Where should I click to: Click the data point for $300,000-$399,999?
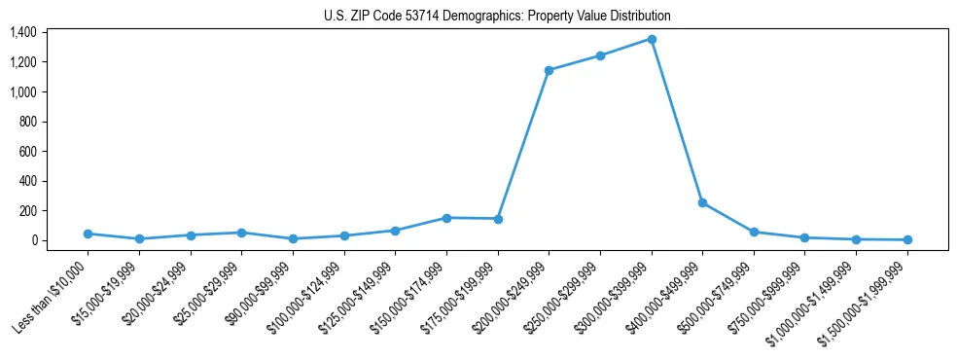tap(652, 39)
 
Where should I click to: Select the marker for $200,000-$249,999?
tap(549, 70)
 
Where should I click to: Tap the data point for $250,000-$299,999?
tap(600, 55)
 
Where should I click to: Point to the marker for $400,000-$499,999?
tap(702, 202)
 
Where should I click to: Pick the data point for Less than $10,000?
tap(89, 234)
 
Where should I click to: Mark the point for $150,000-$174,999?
tap(446, 218)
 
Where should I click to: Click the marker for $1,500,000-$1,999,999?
tap(907, 239)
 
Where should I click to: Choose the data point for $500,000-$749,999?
tap(754, 232)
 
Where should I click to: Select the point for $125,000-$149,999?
tap(395, 231)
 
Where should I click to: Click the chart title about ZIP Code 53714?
tap(497, 17)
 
